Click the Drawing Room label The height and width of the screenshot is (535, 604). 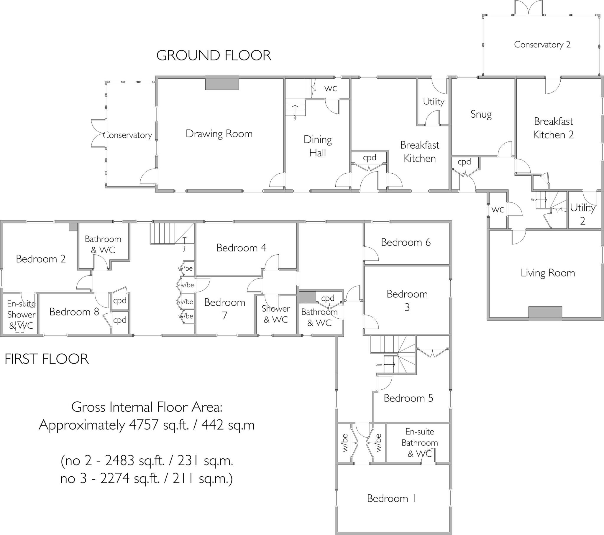pos(219,134)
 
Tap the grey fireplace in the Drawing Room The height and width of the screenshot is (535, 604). pos(222,83)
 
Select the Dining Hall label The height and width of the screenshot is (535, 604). pos(318,146)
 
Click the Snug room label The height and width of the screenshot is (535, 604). pos(481,114)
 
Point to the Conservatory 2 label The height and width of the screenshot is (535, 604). pos(542,45)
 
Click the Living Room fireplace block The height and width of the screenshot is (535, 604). pos(545,313)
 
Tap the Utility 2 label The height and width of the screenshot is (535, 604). pos(582,214)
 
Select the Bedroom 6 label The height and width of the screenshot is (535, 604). pos(406,242)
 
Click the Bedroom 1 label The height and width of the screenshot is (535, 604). pos(392,498)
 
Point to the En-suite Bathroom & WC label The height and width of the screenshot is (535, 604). pos(420,442)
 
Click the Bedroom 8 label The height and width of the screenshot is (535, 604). pos(74,312)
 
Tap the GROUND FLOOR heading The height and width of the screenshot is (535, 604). pos(214,55)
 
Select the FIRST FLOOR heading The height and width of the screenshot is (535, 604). pos(47,359)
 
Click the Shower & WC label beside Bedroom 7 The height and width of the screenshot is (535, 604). pos(276,314)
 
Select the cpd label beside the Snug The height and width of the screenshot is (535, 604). pos(464,162)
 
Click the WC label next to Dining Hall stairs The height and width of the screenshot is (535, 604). pos(330,88)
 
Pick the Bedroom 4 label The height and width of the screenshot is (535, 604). pos(241,248)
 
